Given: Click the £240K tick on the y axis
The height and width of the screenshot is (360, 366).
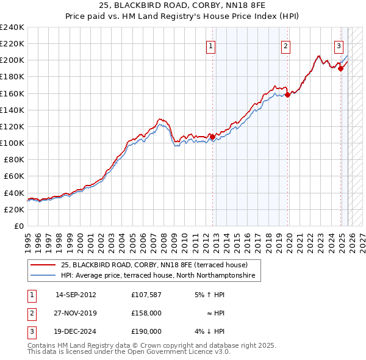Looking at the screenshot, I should pyautogui.click(x=12, y=27).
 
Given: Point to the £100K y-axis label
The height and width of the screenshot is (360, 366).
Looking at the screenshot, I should pyautogui.click(x=12, y=143).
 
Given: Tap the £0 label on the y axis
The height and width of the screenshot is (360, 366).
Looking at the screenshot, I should pyautogui.click(x=18, y=226).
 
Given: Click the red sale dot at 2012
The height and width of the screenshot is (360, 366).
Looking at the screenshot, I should pyautogui.click(x=212, y=137).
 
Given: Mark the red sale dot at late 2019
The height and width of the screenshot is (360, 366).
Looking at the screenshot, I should pyautogui.click(x=287, y=95).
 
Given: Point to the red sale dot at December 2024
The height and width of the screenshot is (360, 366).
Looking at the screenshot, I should pyautogui.click(x=340, y=68).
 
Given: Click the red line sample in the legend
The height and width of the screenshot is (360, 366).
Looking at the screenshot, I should pyautogui.click(x=43, y=265).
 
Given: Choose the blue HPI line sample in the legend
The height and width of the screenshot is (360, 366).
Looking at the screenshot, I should pyautogui.click(x=43, y=276).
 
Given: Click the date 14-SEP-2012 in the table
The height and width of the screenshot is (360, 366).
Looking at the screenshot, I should pyautogui.click(x=76, y=295).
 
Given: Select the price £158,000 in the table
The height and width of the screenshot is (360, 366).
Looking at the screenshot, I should pyautogui.click(x=146, y=313).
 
